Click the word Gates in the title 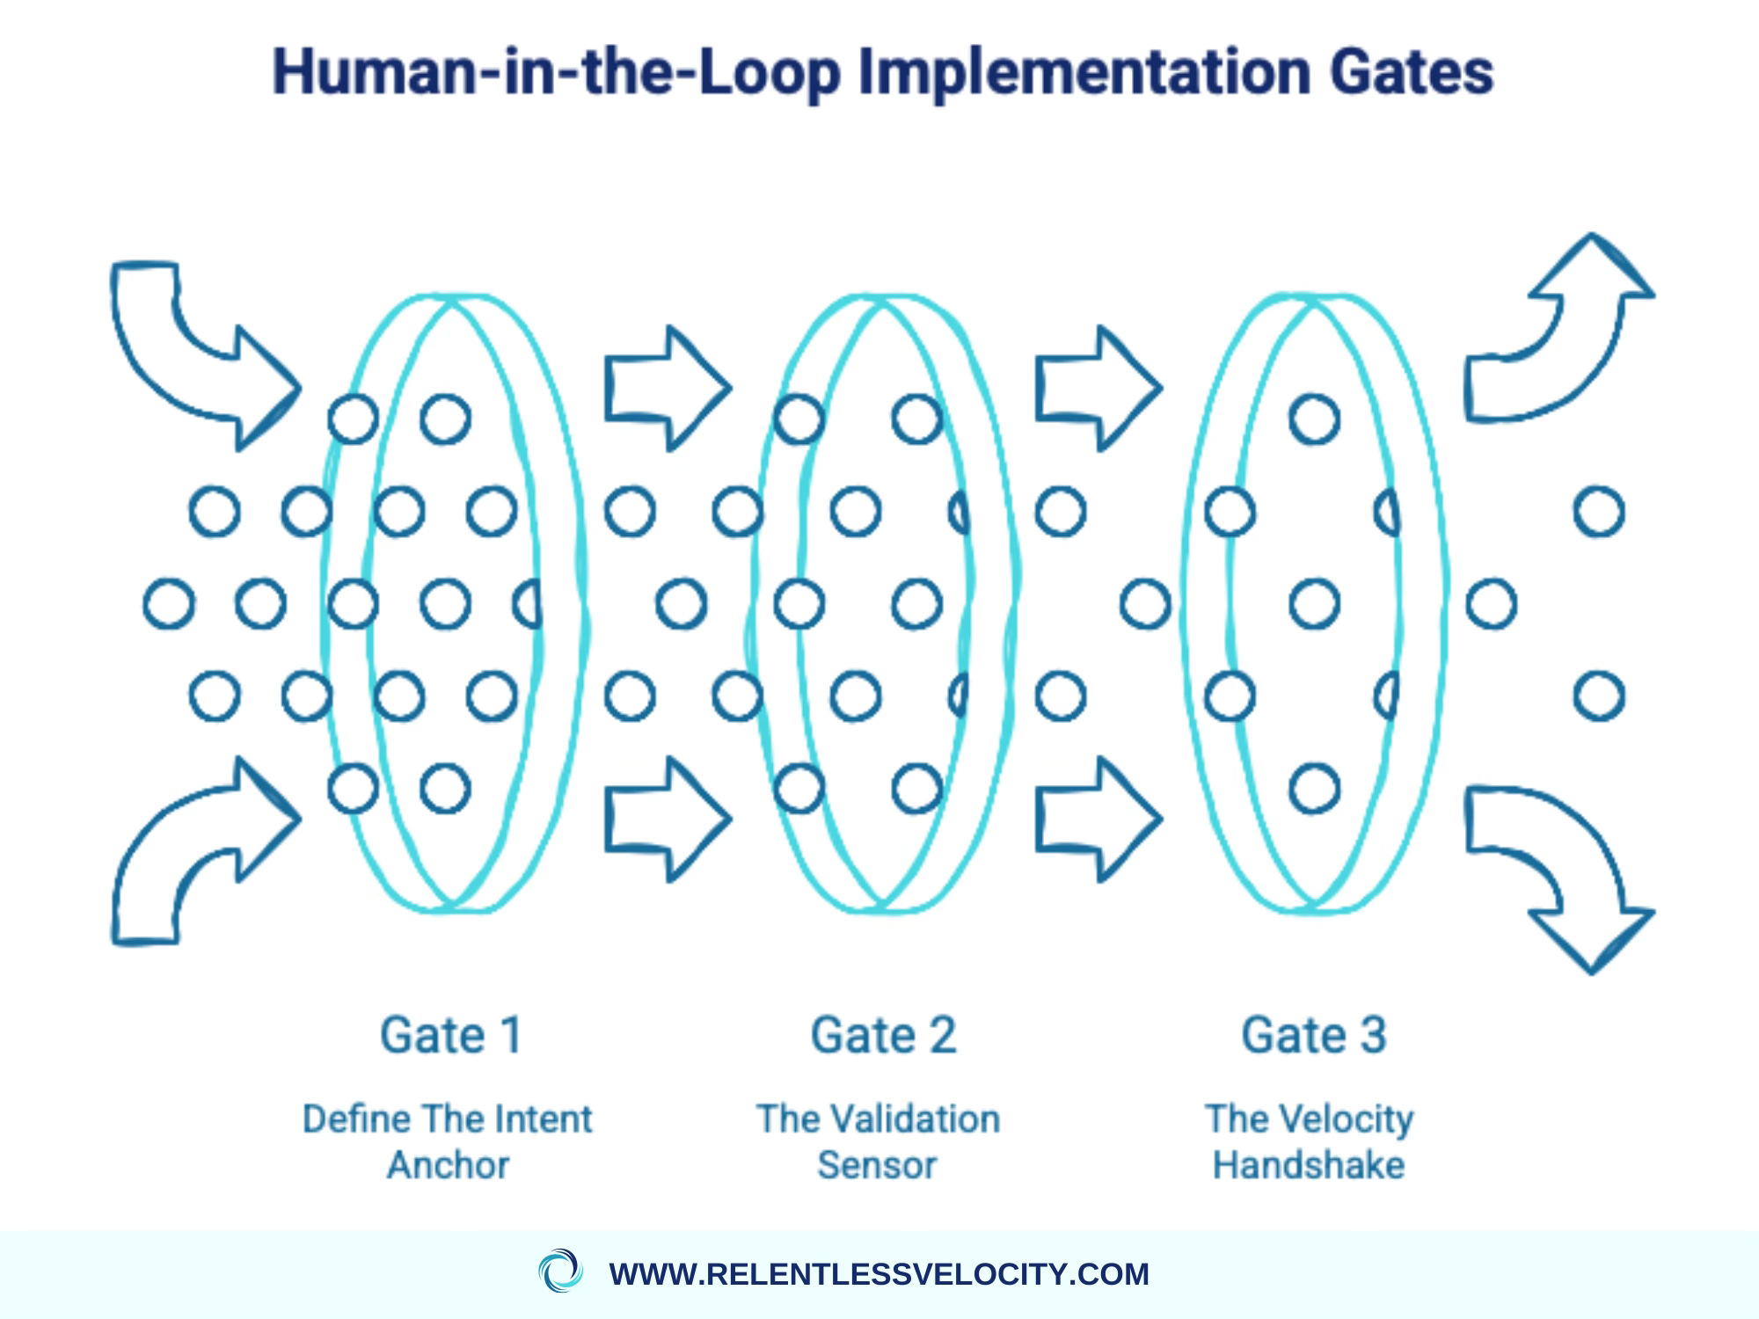point(1411,72)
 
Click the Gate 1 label point(451,1035)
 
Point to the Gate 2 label point(882,1035)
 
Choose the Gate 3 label point(1313,1035)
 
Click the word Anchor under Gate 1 point(449,1166)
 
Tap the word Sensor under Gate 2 point(877,1166)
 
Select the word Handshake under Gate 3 point(1309,1166)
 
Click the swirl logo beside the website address point(560,1271)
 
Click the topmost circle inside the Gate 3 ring point(1314,419)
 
